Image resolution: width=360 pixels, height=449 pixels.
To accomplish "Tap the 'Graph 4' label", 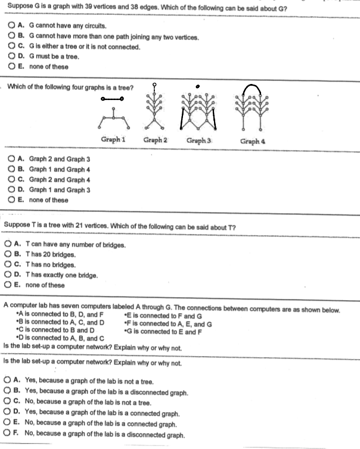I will click(x=252, y=141).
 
